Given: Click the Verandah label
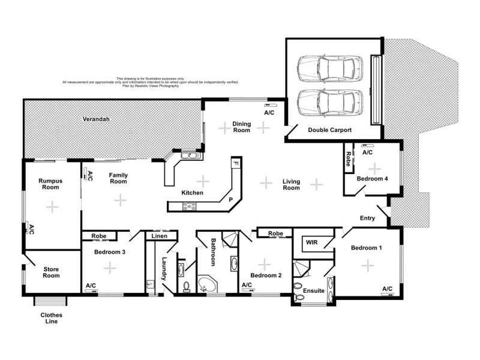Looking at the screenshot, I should pos(94,119).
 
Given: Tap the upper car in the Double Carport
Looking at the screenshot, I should pos(330,68).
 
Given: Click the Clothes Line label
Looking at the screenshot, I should pos(51,318).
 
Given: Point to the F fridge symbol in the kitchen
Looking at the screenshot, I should pos(236,163).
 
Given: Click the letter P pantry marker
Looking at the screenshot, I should pos(230,199).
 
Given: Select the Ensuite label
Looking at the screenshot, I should pos(313,290).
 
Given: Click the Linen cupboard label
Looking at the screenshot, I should pos(160,236).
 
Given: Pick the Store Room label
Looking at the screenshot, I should pos(51,272).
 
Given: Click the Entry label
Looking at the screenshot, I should pos(367,218).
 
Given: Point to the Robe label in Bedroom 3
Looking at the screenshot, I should pos(99,236).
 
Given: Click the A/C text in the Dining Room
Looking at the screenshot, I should pos(269,112).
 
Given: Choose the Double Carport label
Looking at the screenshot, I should pos(329,130).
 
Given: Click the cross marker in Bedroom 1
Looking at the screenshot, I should pos(367,265).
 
